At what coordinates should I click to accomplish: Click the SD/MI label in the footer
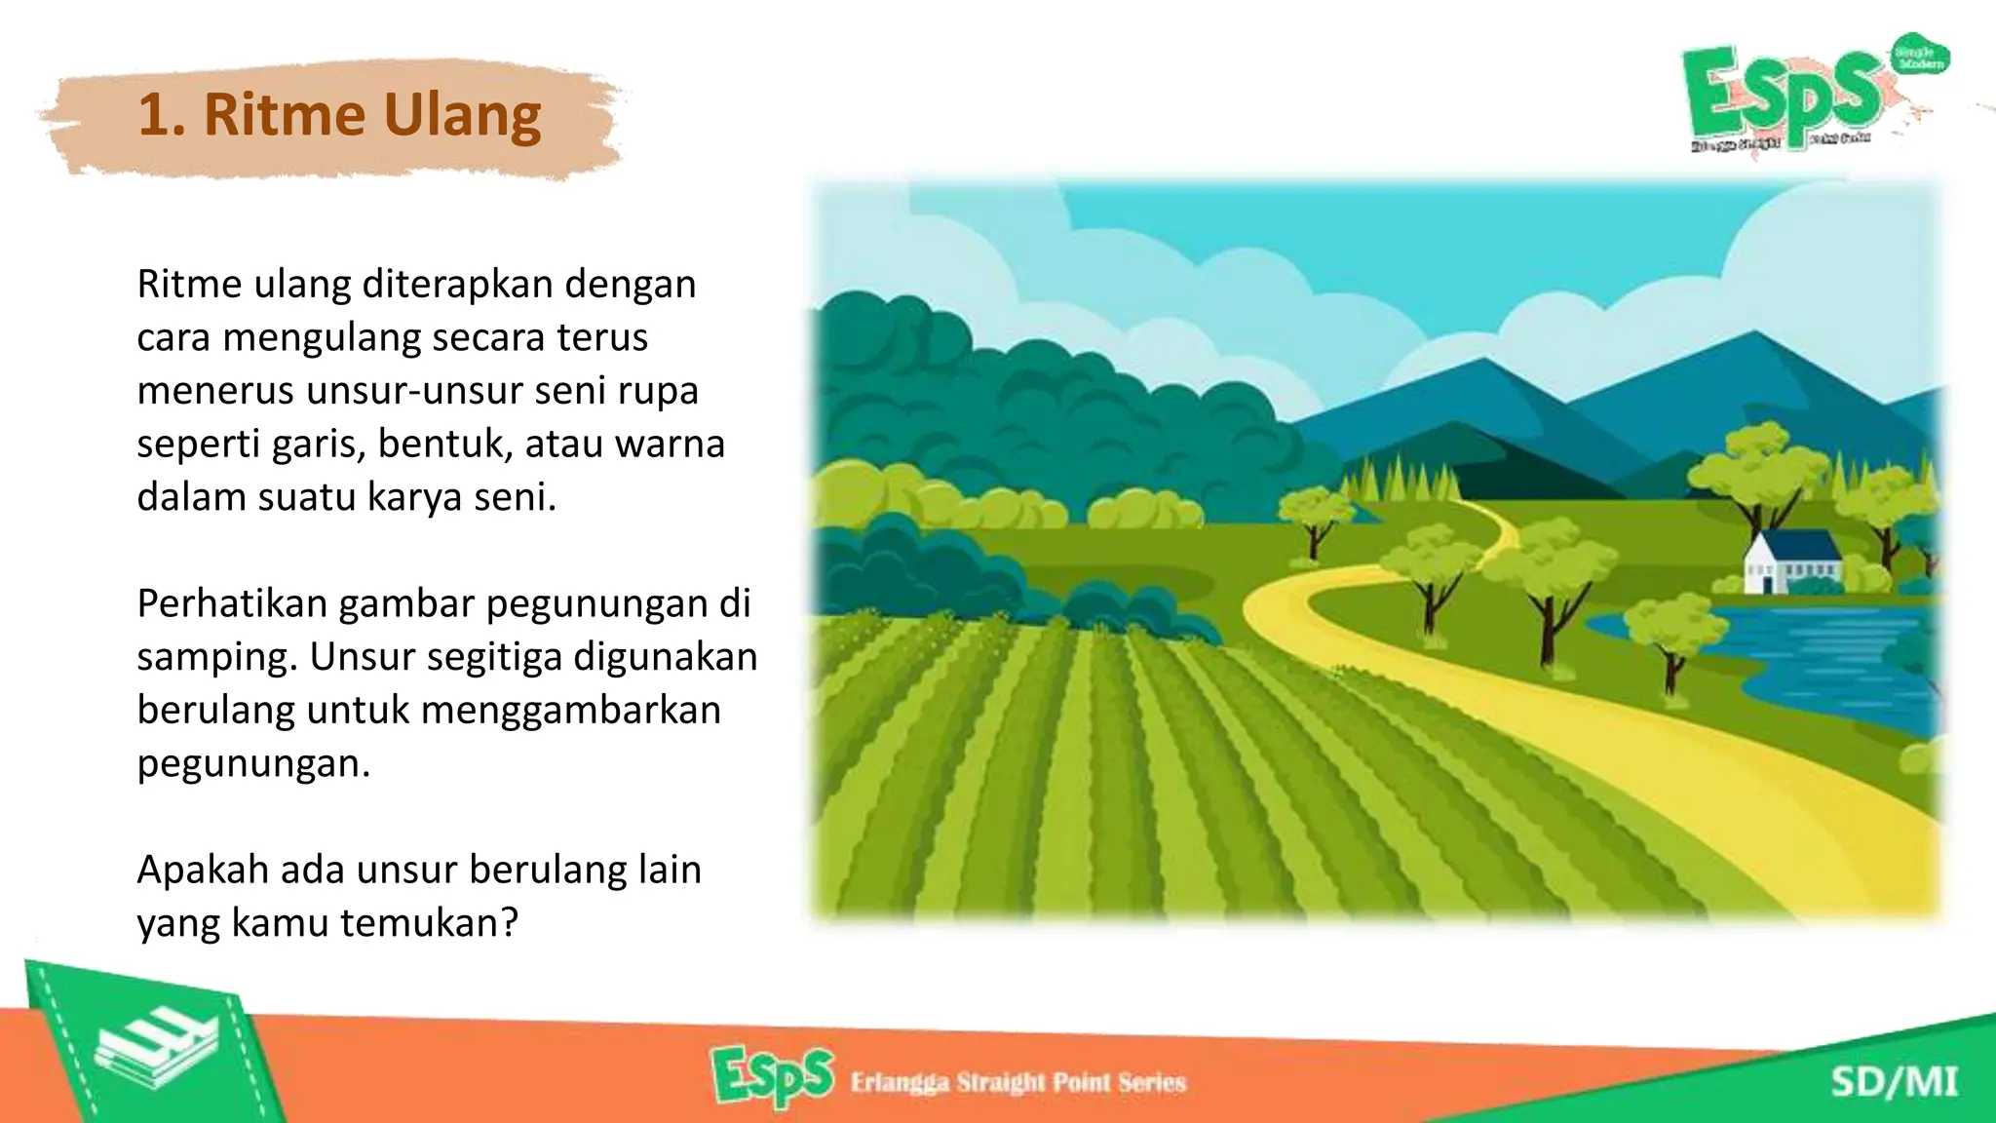coord(1894,1082)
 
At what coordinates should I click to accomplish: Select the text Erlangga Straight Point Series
coord(1017,1082)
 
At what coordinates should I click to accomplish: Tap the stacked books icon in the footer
coord(156,1051)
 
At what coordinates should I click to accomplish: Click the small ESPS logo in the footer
coord(772,1077)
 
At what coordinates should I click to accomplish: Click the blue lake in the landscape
coord(1823,663)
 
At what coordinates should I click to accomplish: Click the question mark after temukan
coord(509,922)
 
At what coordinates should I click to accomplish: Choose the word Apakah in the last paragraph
coord(202,870)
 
